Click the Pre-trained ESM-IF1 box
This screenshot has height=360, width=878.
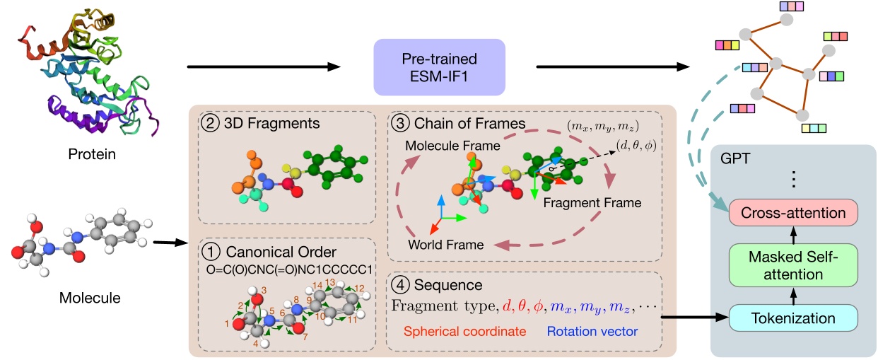(440, 67)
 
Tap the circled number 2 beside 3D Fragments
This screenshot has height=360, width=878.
(210, 123)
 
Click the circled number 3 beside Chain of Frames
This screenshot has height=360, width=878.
(398, 123)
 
